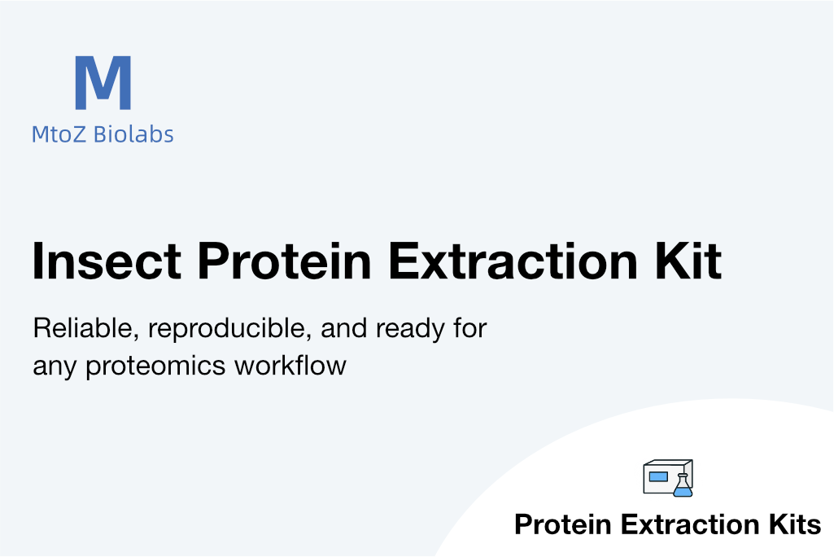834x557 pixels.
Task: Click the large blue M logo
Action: tap(103, 82)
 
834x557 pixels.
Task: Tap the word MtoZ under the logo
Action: tap(59, 134)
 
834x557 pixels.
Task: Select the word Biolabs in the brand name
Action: tap(133, 134)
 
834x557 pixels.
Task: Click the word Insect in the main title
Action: tap(107, 261)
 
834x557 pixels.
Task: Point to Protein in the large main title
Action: tap(284, 261)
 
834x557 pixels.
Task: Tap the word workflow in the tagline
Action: tap(290, 366)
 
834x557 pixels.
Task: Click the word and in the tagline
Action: tap(343, 328)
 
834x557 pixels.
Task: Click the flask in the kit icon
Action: tap(683, 485)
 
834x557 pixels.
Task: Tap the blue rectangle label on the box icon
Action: tap(658, 476)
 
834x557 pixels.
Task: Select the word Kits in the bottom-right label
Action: tap(795, 524)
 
